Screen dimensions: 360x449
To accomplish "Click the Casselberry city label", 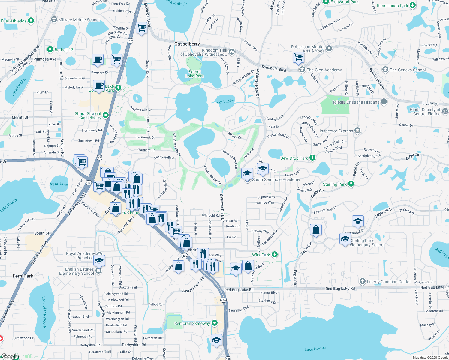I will pyautogui.click(x=187, y=44).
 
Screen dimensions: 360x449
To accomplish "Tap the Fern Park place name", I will pyautogui.click(x=23, y=276).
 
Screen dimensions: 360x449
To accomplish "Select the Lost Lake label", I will pyautogui.click(x=225, y=102).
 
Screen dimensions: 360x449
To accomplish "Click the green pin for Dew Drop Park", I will pyautogui.click(x=312, y=158).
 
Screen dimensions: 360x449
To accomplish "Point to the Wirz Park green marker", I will pyautogui.click(x=274, y=255).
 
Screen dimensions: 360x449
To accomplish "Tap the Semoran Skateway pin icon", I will pyautogui.click(x=215, y=323).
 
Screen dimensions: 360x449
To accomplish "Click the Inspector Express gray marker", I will pyautogui.click(x=357, y=130).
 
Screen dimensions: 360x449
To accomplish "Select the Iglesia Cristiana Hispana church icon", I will pyautogui.click(x=384, y=102).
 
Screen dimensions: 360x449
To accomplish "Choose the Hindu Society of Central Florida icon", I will pyautogui.click(x=445, y=111).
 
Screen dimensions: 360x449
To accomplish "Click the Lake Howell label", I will pyautogui.click(x=315, y=349).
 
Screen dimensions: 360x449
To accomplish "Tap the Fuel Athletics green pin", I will pyautogui.click(x=31, y=21).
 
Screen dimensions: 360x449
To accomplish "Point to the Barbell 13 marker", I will pyautogui.click(x=50, y=49).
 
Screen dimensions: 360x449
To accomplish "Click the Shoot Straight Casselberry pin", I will pyautogui.click(x=106, y=115).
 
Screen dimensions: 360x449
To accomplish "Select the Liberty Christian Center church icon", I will pyautogui.click(x=363, y=281).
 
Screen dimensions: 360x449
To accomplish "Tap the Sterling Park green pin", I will pyautogui.click(x=351, y=184).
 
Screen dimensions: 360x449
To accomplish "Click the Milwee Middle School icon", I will pyautogui.click(x=54, y=20).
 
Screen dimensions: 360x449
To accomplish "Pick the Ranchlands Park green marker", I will pyautogui.click(x=413, y=5).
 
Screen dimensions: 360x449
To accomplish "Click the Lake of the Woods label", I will pyautogui.click(x=44, y=313).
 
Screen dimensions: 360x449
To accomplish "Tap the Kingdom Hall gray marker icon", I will pyautogui.click(x=232, y=52).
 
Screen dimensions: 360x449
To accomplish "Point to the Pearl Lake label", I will pyautogui.click(x=59, y=184).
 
